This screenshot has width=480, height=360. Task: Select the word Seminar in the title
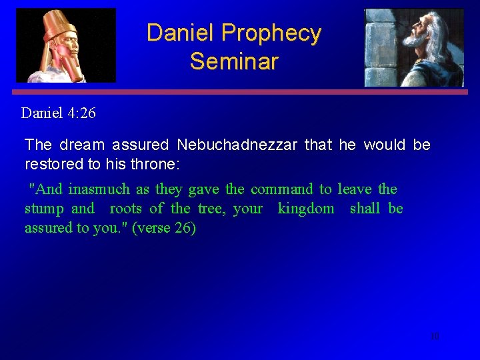233,61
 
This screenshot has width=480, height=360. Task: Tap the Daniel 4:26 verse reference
59,113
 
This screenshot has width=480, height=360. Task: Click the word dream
82,145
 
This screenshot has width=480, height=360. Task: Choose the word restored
50,163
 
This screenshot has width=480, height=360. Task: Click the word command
281,189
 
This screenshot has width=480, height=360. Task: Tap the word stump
44,209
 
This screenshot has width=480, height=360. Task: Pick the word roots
125,209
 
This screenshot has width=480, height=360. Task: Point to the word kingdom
306,209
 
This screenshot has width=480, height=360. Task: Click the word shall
365,209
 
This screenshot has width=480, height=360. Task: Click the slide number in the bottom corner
435,336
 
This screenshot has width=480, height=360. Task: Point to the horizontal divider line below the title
240,92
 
